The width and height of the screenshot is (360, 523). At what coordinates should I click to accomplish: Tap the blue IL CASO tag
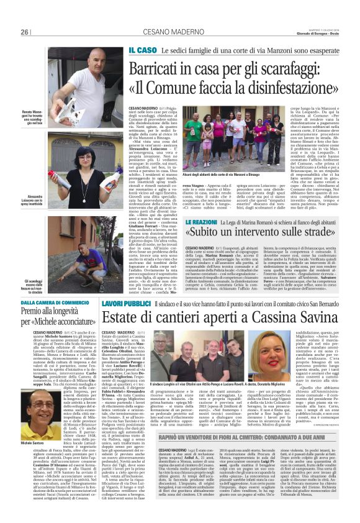pos(143,50)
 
